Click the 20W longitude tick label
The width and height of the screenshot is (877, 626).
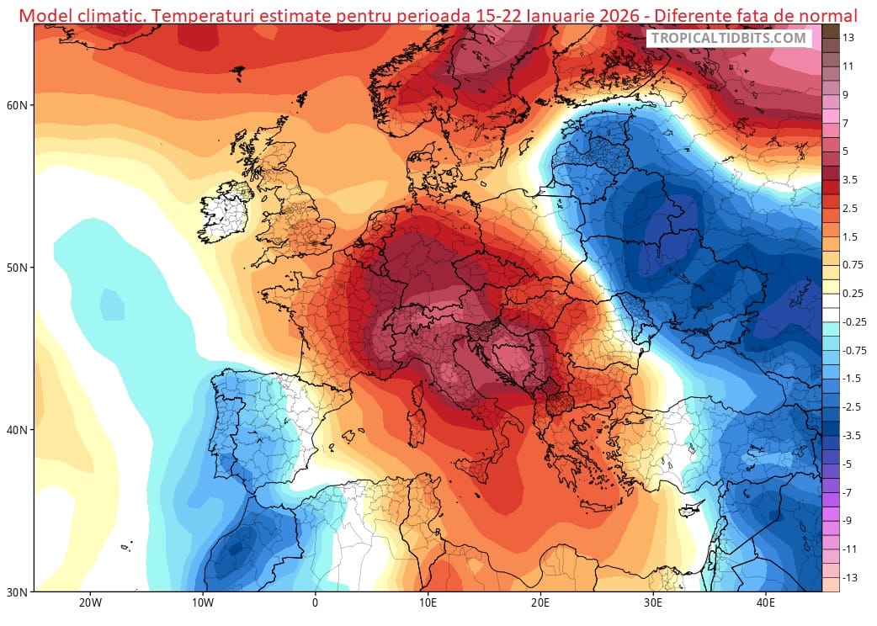coord(90,603)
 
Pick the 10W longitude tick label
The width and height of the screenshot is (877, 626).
coord(202,603)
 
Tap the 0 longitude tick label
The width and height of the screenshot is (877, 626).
coord(315,603)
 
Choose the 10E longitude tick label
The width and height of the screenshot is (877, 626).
coord(428,603)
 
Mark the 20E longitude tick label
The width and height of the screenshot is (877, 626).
coord(540,603)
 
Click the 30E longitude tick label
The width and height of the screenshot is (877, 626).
coord(653,603)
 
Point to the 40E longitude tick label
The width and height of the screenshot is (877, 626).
coord(766,603)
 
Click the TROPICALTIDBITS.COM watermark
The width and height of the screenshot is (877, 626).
coord(729,38)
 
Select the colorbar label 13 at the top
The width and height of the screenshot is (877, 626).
coord(848,38)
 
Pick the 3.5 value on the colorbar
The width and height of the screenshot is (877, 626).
coord(850,180)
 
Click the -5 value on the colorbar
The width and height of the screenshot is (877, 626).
coord(848,464)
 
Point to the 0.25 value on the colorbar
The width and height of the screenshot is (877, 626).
coord(852,294)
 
